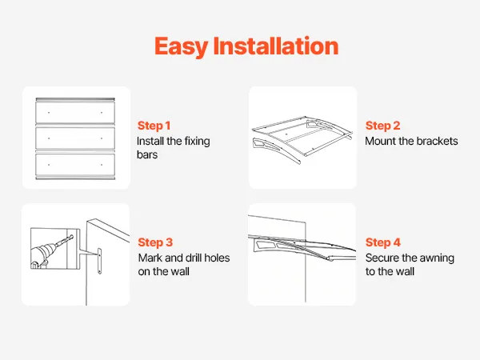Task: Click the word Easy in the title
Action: pos(182,47)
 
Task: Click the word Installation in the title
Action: pos(276,46)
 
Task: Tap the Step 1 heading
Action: pos(154,126)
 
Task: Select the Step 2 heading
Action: pos(382,126)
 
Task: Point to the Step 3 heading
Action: pos(155,242)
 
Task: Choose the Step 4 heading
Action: pos(383,242)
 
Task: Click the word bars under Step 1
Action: pos(147,154)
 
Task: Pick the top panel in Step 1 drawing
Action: pos(75,113)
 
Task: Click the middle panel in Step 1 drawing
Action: pos(75,138)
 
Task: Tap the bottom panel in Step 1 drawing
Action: pos(75,165)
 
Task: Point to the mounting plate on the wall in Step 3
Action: pos(99,261)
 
